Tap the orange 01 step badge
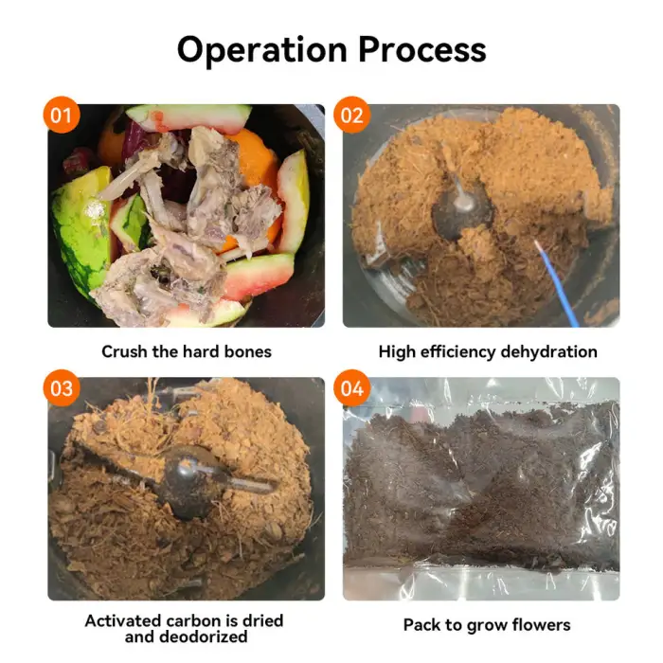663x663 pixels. (61, 116)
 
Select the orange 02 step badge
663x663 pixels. (351, 116)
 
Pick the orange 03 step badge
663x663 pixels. (61, 389)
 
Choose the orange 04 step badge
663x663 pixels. (351, 389)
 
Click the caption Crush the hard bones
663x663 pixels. (187, 351)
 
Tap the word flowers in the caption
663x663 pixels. (541, 624)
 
